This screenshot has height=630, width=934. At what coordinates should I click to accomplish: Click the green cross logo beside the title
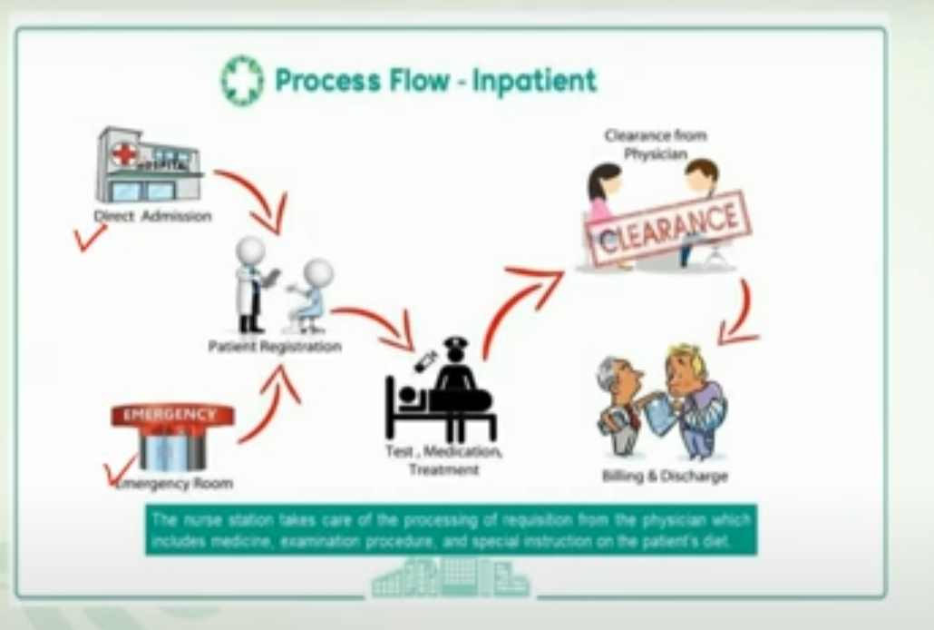pos(242,81)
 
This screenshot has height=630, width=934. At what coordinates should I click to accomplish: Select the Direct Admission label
pos(152,216)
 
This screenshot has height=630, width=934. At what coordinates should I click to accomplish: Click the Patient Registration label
pos(275,346)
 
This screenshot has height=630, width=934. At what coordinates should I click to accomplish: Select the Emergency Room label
pos(176,483)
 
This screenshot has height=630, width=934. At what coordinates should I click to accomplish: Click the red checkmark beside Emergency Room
pos(120,470)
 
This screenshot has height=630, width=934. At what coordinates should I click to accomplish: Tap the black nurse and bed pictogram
pos(442,390)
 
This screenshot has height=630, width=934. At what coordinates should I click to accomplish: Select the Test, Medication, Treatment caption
pos(443,460)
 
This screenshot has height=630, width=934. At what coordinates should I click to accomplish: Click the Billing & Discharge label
pos(665,476)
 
